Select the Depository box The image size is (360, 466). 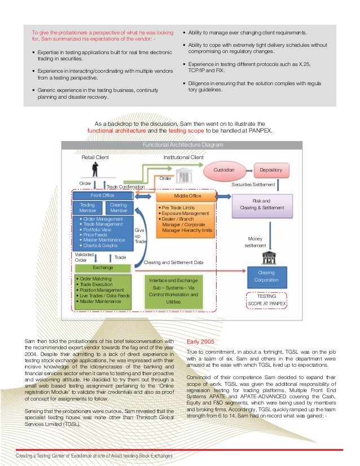pos(271,170)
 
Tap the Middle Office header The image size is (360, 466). pos(186,196)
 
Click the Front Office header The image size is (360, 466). pos(102,195)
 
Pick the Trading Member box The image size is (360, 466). pos(87,208)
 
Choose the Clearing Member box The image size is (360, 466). pos(118,208)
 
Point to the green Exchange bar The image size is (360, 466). pos(102,267)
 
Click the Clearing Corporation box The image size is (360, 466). pos(266,276)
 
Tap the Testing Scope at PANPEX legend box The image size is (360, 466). pos(266,300)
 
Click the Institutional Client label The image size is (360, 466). pos(183,157)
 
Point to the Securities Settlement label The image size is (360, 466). pos(253,184)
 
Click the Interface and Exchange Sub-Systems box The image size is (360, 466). pos(173,291)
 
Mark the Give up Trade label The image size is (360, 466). pos(140,236)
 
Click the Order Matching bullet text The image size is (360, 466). pos(95,279)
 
